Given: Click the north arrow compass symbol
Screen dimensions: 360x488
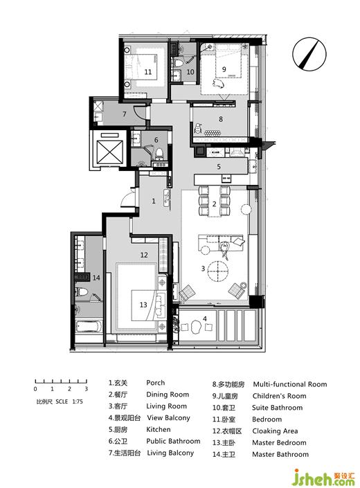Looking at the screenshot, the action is coord(309,55).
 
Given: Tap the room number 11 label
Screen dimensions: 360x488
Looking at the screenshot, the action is coord(148,72).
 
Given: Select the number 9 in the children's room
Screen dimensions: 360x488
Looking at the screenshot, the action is coord(224,69).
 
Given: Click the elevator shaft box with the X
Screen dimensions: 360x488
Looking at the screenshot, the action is coord(110,152).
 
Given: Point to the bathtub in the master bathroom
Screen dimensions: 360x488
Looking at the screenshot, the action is coord(89,327).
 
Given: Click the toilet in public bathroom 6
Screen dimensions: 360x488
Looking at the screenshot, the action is coord(159,153).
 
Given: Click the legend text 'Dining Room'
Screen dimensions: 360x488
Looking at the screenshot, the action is coord(168,395).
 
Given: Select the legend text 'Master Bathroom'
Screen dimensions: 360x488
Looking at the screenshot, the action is coord(280,454).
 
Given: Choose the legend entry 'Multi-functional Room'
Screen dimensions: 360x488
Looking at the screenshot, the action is coord(289,384).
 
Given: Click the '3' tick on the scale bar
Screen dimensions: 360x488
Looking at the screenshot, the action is coord(86,389).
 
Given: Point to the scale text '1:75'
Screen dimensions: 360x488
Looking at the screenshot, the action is coord(78,401).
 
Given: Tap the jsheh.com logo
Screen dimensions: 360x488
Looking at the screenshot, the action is coord(323,478).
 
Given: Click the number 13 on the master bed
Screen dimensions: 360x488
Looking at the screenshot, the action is coord(143,305).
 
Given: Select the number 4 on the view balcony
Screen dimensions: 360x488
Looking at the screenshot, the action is coord(205,318).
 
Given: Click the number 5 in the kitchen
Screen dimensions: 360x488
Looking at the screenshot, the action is coord(219,167).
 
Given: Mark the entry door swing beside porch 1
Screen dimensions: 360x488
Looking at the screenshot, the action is coord(128,199).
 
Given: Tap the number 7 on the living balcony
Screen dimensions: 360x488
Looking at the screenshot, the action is coord(124,114).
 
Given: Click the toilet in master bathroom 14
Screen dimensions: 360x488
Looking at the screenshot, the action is coord(82,292).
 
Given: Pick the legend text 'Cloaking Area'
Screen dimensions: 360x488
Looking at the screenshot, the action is coord(275,431).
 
